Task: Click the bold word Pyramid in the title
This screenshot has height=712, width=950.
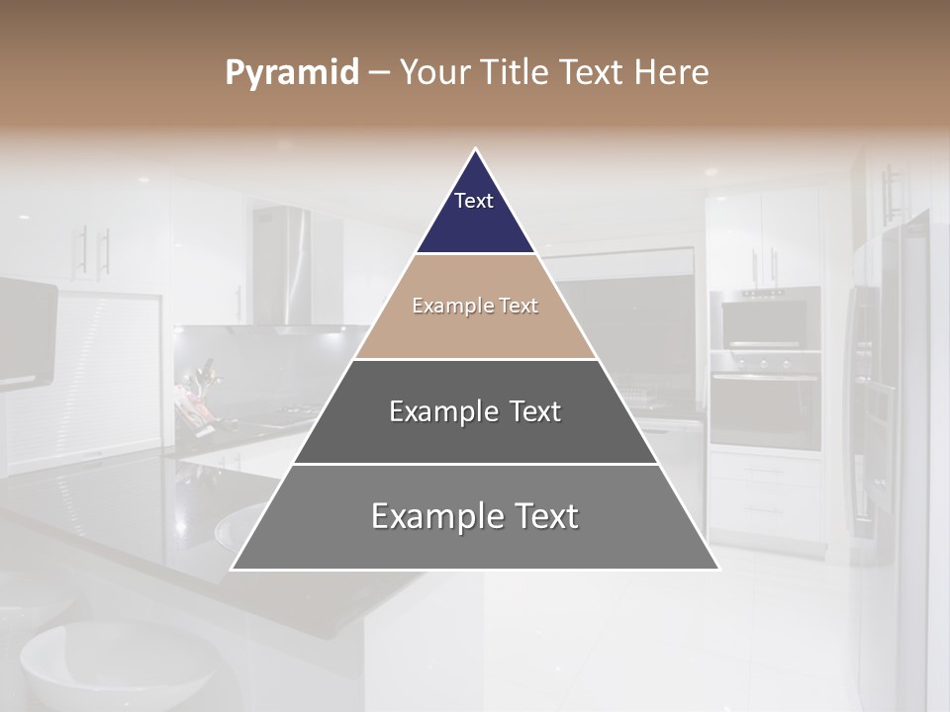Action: tap(292, 73)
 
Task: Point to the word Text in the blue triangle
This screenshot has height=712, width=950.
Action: tap(474, 201)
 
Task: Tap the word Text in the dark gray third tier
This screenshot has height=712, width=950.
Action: tap(535, 411)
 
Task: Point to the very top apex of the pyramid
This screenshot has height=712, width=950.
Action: tap(476, 151)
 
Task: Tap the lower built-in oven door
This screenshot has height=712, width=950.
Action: tap(765, 407)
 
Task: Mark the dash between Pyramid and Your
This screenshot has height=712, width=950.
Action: tap(379, 73)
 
